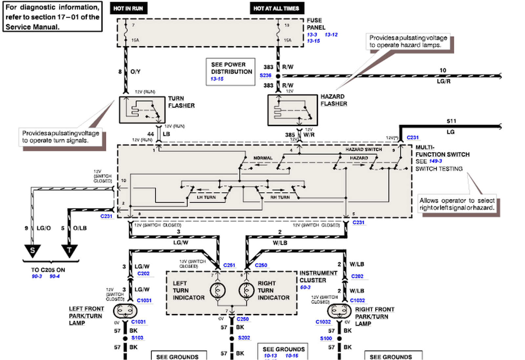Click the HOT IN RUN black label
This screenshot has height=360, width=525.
pyautogui.click(x=128, y=9)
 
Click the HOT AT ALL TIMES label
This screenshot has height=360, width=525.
pyautogui.click(x=277, y=9)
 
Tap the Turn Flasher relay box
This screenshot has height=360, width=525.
pyautogui.click(x=142, y=110)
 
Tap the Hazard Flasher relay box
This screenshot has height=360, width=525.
pyautogui.click(x=292, y=110)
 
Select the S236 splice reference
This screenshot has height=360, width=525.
pyautogui.click(x=265, y=75)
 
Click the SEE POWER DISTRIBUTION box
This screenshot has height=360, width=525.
pyautogui.click(x=230, y=71)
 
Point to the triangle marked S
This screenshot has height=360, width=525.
pyautogui.click(x=32, y=250)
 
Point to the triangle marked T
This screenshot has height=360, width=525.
pyautogui.click(x=69, y=250)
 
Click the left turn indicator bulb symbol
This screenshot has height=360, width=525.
pyautogui.click(x=218, y=290)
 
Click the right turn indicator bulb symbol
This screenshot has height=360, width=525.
pyautogui.click(x=246, y=290)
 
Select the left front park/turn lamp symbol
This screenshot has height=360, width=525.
pyautogui.click(x=125, y=310)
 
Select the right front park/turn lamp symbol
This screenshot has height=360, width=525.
pyautogui.click(x=339, y=310)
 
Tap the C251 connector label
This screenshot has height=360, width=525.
pyautogui.click(x=229, y=265)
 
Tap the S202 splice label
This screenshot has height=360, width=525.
pyautogui.click(x=244, y=338)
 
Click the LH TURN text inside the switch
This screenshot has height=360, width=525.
pyautogui.click(x=206, y=197)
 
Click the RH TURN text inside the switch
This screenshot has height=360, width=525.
pyautogui.click(x=280, y=197)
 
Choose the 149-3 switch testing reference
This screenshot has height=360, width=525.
pyautogui.click(x=435, y=161)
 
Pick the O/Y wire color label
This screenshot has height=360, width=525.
pyautogui.click(x=135, y=71)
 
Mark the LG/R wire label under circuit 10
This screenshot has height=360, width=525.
pyautogui.click(x=443, y=81)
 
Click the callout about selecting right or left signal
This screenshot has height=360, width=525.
pyautogui.click(x=457, y=204)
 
